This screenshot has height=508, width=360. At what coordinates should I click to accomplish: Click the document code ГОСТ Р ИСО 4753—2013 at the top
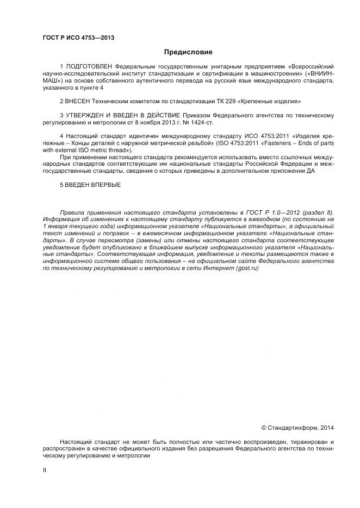(78, 37)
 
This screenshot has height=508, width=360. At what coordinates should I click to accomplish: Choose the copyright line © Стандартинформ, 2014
(297, 428)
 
